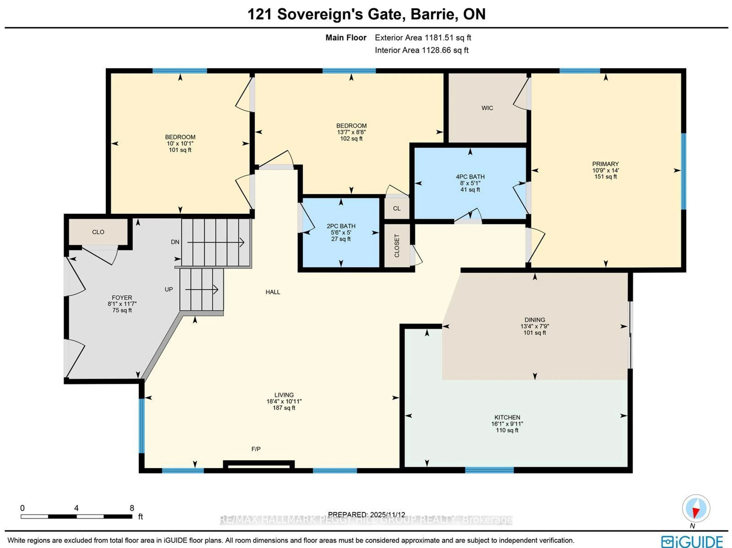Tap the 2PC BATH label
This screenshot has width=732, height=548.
tap(341, 226)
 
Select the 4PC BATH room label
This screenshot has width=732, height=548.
tap(470, 177)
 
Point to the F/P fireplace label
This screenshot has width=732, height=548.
tap(256, 449)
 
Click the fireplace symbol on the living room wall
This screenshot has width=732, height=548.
tap(259, 465)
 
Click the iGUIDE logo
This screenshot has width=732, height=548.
tap(692, 541)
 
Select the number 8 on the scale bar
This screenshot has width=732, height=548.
tap(132, 508)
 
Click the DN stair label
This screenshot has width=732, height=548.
tap(175, 242)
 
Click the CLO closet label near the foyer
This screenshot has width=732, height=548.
tap(98, 232)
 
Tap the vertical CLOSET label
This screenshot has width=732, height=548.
tap(397, 246)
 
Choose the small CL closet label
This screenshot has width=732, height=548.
tap(397, 209)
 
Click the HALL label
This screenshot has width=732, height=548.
tap(273, 292)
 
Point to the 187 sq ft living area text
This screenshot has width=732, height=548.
tap(284, 408)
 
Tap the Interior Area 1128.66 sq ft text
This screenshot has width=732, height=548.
tap(422, 50)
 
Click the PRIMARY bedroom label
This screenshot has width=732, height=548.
tap(605, 164)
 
